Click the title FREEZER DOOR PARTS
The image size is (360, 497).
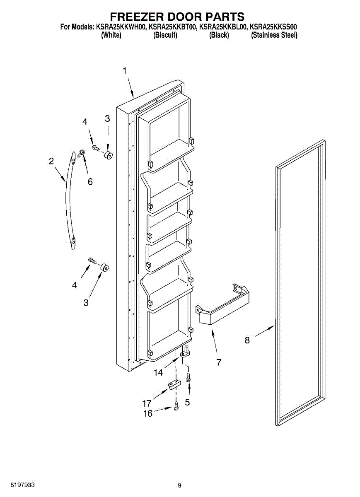click(x=177, y=17)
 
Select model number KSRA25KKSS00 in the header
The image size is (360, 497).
click(x=273, y=27)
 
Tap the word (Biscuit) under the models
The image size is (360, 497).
click(x=165, y=35)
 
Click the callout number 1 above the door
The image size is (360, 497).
click(x=124, y=71)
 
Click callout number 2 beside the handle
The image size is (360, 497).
click(x=51, y=161)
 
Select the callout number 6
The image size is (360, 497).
click(x=90, y=181)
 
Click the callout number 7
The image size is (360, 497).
click(x=218, y=362)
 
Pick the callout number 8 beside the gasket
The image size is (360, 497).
click(x=247, y=340)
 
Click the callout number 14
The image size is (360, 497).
click(x=158, y=373)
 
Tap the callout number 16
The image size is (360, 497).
click(x=148, y=413)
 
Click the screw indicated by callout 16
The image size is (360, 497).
click(x=176, y=406)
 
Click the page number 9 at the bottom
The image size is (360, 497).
click(x=179, y=485)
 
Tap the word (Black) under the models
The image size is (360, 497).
click(x=219, y=35)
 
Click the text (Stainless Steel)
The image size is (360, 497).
click(x=274, y=35)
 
